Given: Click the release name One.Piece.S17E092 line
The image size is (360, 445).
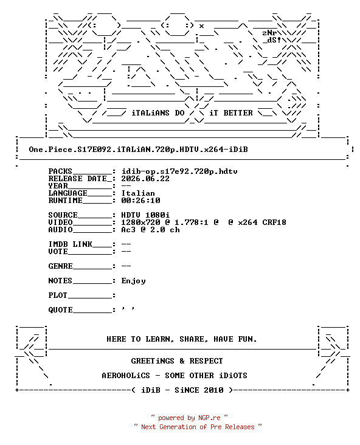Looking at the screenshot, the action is coord(138,150).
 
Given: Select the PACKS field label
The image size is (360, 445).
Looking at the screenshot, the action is coord(60,171).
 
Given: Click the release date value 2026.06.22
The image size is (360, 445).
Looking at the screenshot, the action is coord(145,179).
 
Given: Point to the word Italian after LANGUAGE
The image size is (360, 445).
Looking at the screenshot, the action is coord(138,193).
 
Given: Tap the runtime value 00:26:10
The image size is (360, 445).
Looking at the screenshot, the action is coord(140,201).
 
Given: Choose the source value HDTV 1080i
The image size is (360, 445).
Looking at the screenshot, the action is coord(145,215).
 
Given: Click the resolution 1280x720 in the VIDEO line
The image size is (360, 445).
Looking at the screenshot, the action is coord(140,222).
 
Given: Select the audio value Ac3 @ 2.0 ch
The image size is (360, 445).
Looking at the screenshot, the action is coord(150,230).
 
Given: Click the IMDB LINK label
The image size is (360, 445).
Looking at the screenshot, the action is coord(70,244).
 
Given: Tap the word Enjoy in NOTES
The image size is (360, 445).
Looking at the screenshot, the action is coord(133,281).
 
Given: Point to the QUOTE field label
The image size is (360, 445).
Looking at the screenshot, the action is coord(60,309).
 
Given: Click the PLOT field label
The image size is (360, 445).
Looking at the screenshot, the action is coord(58,295).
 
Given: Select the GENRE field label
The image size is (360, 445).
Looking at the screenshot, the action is coord(60,266).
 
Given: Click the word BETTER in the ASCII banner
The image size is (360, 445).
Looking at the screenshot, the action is coord(238,113).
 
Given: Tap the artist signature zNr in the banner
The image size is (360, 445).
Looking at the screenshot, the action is coord(269,33).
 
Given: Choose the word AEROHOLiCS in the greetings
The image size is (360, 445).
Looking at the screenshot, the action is coord(126,376).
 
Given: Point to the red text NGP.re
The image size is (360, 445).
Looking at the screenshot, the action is coord(209,418).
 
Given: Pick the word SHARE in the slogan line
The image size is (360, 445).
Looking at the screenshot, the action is coord(192,339).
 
